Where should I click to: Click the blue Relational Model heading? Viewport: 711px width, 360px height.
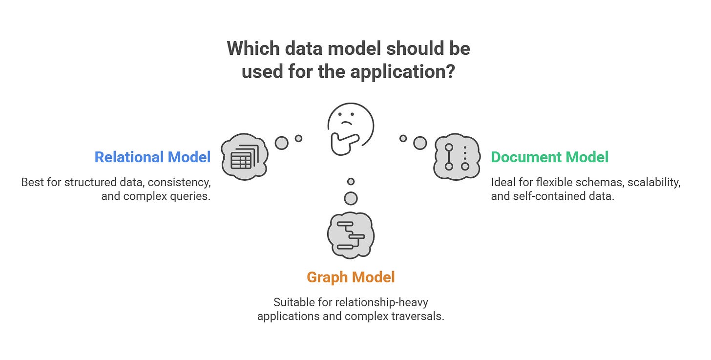point(152,157)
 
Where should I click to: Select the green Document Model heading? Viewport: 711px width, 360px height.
point(549,157)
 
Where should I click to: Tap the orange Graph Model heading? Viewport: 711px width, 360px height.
point(351,277)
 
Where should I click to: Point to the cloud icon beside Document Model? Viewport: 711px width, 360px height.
point(457,156)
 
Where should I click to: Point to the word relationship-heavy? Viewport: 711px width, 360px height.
point(380,302)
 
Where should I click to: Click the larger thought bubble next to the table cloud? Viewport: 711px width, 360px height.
point(282,143)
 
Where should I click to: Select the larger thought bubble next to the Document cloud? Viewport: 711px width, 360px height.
point(420,143)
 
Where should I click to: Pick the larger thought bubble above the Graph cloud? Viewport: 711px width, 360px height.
point(351,198)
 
